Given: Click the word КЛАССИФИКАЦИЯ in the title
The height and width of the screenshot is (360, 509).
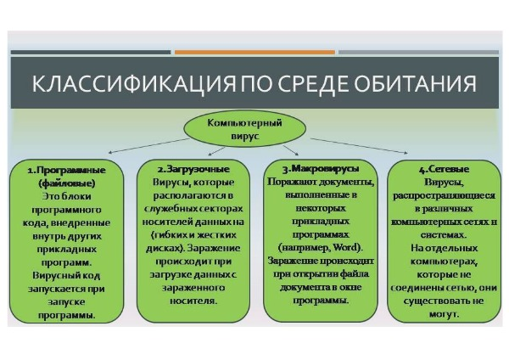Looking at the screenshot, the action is point(133,84).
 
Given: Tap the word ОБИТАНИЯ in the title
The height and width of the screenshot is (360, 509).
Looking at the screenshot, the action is point(415,84).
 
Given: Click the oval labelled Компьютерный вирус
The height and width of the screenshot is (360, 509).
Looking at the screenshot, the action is point(245,129).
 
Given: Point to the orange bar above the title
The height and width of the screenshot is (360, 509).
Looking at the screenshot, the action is point(255,52).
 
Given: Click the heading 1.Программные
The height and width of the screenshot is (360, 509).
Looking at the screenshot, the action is point(66,171).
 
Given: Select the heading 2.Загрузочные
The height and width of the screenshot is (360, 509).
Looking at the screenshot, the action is point(193,169).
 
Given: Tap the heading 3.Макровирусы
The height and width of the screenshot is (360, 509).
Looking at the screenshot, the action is point(321,168).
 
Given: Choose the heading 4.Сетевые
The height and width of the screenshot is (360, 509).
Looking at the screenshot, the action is point(444,169).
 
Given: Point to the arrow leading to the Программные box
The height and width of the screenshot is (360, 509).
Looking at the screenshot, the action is point(148,145).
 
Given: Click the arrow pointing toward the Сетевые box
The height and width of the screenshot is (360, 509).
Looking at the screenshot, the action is point(359,146).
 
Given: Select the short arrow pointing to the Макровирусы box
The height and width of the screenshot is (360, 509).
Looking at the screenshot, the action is point(290,150).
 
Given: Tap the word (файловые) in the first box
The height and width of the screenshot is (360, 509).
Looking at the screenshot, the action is point(67,183).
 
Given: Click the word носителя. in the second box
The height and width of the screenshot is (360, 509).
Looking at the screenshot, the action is point(193,301).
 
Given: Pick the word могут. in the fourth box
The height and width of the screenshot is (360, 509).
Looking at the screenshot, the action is point(444,314).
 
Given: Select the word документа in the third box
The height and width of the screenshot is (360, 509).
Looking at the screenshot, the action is point(301,288).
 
